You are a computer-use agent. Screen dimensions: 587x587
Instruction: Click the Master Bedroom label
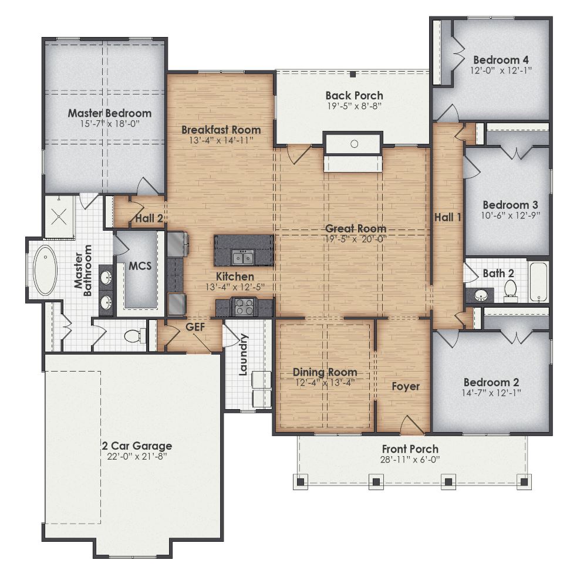109,113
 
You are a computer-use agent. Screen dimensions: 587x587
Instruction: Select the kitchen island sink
242,257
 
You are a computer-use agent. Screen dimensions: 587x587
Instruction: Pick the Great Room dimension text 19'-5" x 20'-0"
356,239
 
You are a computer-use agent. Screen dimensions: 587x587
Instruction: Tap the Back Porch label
354,95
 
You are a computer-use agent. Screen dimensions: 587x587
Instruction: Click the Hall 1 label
447,217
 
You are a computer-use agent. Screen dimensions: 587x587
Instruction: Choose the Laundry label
244,354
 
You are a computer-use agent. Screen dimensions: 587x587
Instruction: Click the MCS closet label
140,266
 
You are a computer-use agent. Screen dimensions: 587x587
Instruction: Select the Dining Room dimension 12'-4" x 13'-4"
325,382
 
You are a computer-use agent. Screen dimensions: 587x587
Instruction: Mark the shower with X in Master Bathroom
59,215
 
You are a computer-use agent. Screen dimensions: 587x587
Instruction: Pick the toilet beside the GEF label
133,336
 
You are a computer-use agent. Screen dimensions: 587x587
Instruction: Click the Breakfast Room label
221,130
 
